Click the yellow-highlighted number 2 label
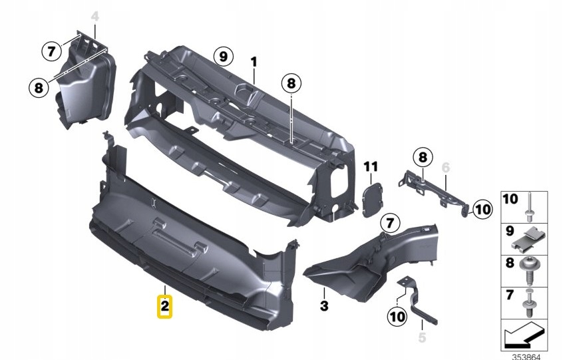(164, 307)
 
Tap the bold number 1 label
(254, 61)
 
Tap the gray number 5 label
(421, 337)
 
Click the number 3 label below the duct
(324, 306)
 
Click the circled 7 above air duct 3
(389, 222)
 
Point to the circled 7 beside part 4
(49, 50)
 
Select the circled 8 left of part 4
(39, 87)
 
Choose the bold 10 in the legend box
(510, 199)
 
